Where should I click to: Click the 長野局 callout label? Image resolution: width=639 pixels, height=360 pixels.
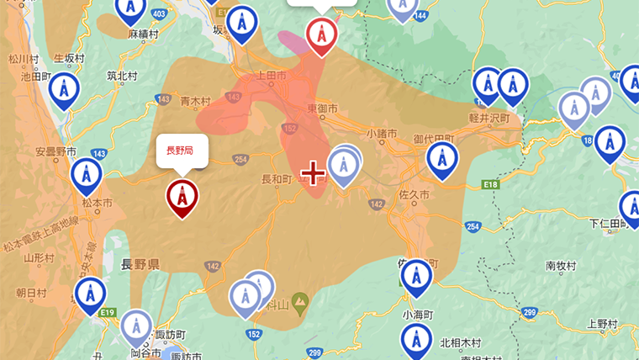tap(179, 151)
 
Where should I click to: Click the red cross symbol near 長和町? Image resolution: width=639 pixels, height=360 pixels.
tap(313, 173)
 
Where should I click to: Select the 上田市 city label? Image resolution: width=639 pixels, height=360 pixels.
tap(271, 77)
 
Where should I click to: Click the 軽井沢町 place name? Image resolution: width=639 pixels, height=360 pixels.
tap(490, 119)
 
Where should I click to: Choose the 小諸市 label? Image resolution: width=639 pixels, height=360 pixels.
tap(383, 133)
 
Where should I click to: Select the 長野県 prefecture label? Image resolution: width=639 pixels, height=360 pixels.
tap(140, 264)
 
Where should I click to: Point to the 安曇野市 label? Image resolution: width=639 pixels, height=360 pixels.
tap(55, 152)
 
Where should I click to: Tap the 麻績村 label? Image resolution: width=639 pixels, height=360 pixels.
tap(144, 34)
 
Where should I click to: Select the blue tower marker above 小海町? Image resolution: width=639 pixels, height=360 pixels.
tap(416, 277)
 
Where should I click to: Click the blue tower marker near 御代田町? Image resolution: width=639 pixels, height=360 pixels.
tap(442, 159)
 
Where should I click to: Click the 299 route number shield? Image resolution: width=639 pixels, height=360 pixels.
tap(528, 313)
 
